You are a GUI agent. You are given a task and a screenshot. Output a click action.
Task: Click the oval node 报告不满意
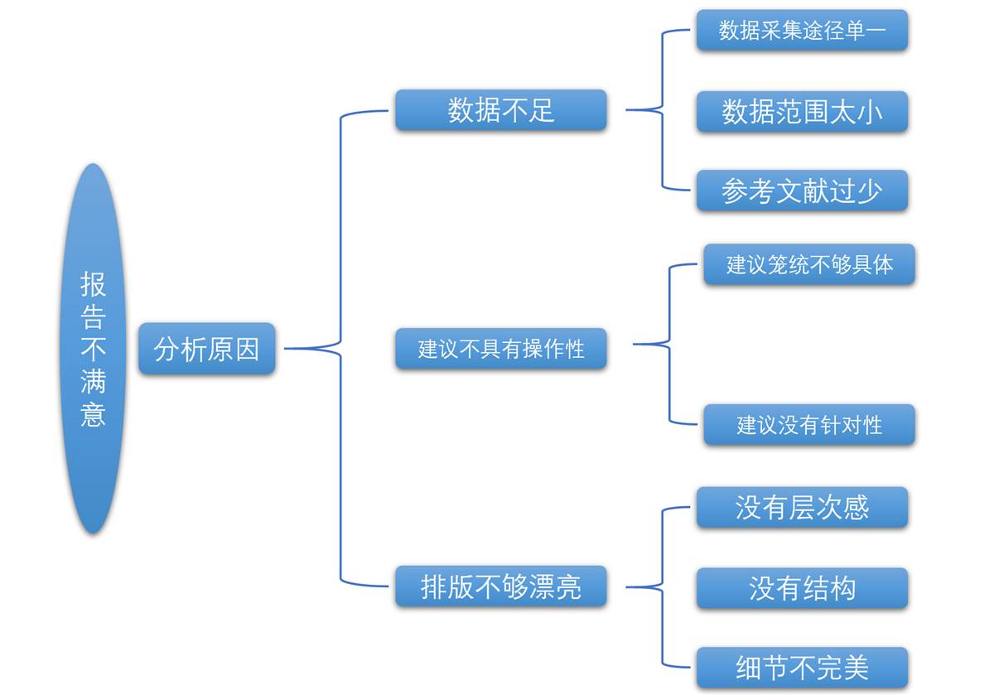tap(93, 349)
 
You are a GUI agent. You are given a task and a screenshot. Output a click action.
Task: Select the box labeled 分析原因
tap(207, 349)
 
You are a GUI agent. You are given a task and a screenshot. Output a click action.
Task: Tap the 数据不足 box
tap(501, 110)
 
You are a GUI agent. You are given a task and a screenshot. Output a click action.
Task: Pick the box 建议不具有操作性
tap(501, 349)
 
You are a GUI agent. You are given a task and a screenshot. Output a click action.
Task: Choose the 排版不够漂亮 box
tap(501, 586)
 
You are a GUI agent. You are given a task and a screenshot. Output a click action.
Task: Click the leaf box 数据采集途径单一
tap(803, 30)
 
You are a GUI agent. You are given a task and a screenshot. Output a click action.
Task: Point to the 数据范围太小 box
tap(803, 111)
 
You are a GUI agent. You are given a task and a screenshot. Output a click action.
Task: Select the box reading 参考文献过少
tap(803, 191)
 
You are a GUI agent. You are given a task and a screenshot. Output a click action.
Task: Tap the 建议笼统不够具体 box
tap(809, 264)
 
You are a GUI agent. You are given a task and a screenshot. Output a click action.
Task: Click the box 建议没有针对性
tap(809, 425)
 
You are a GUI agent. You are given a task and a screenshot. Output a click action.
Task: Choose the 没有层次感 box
tap(803, 507)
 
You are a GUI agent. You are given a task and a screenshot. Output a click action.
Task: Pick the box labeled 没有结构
tap(803, 588)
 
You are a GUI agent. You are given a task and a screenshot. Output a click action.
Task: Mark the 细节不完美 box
tap(803, 668)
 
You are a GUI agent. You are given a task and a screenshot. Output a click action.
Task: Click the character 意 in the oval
tap(93, 414)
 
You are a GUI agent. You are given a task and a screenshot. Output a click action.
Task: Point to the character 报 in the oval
tap(93, 284)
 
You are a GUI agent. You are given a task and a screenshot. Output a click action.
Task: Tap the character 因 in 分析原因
tap(247, 349)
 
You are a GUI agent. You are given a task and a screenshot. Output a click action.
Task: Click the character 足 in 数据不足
tap(542, 110)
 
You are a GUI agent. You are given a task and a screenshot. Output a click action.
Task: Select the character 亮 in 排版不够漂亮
tap(568, 586)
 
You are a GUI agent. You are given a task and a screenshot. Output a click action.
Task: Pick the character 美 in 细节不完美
tap(856, 668)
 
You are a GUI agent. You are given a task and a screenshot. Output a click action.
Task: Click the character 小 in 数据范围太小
tap(870, 112)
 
